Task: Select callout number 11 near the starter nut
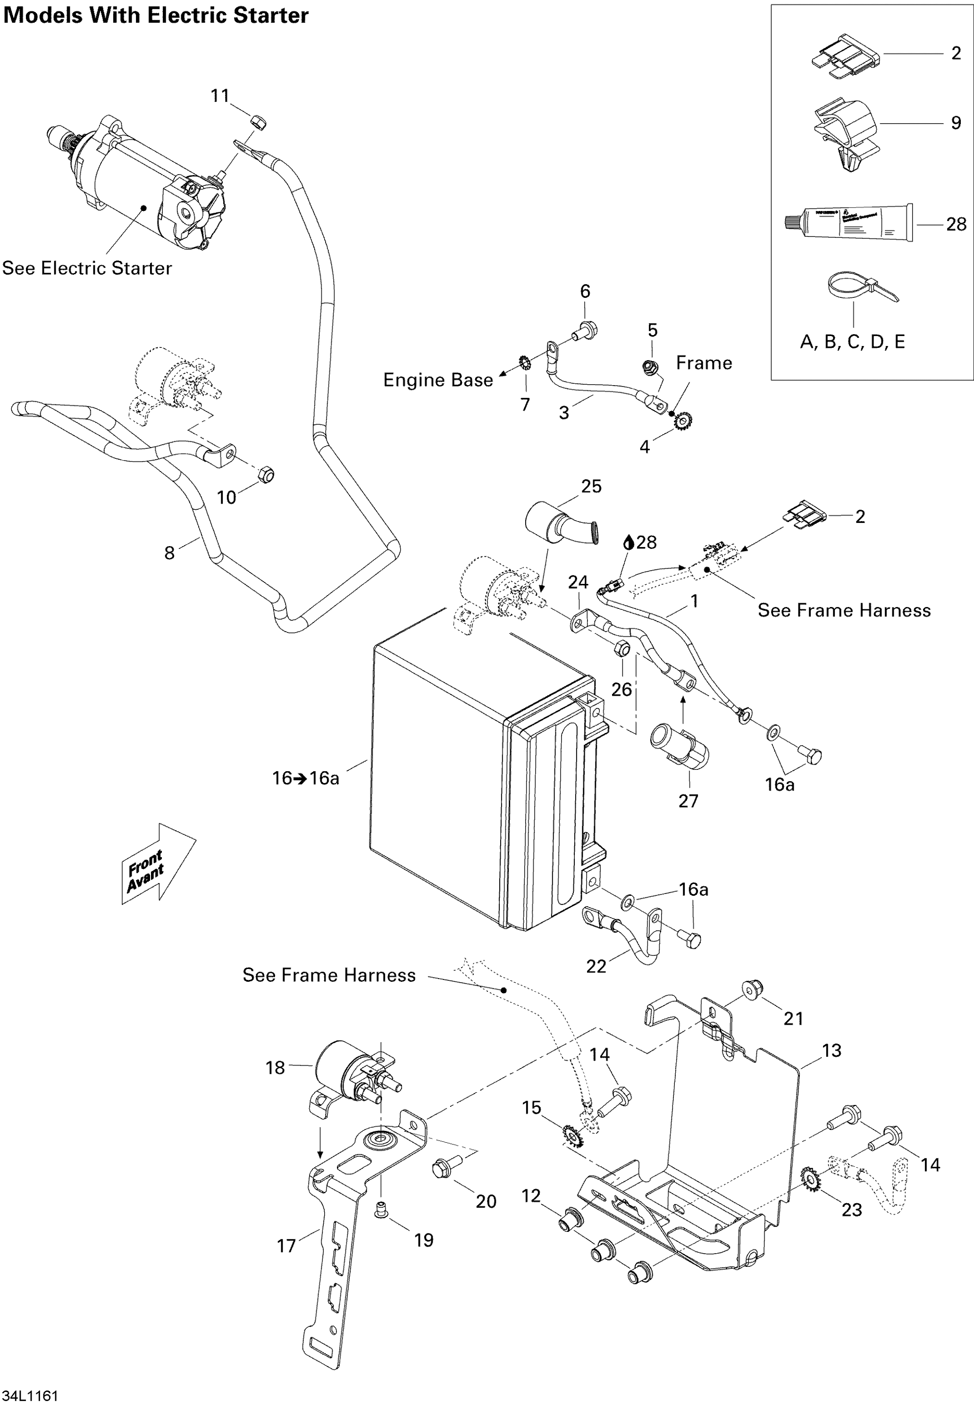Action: click(220, 96)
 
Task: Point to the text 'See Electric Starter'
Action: click(87, 268)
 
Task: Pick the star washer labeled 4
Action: click(683, 421)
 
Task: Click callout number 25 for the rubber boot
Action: click(591, 487)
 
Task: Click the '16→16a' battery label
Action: click(305, 778)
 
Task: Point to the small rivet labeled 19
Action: click(381, 1209)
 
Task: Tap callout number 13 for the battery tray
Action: click(831, 1050)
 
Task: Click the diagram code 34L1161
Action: click(31, 1396)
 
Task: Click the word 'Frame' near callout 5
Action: click(704, 363)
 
